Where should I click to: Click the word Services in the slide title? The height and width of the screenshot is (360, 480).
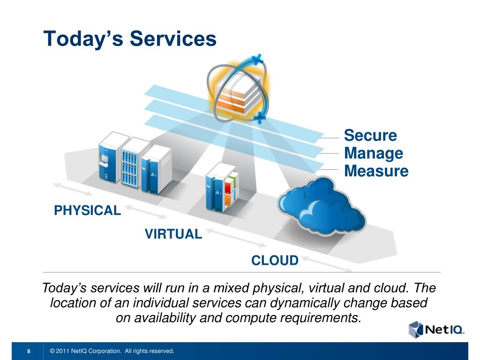[x=173, y=38]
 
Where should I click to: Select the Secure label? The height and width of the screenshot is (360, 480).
[x=370, y=135]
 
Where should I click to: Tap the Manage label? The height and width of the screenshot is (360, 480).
[x=374, y=153]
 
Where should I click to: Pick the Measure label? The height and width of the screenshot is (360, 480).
[x=376, y=171]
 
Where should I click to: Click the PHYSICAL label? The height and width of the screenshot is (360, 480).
[x=88, y=210]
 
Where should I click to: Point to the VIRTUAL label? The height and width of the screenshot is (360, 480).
[x=173, y=233]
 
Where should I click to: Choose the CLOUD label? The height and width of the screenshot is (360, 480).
[x=275, y=261]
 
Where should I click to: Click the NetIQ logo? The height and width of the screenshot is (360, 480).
[x=436, y=329]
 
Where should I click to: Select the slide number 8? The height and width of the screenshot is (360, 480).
[x=29, y=352]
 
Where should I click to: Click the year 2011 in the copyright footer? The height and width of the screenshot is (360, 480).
[x=63, y=351]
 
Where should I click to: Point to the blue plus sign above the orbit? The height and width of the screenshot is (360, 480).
[x=257, y=60]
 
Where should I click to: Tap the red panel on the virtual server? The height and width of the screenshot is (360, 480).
[x=228, y=187]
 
